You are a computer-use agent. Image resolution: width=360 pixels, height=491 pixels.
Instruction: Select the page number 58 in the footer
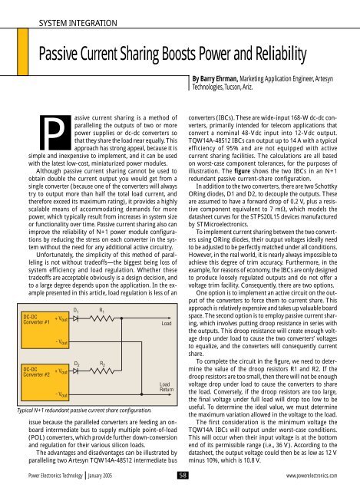(180, 475)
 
